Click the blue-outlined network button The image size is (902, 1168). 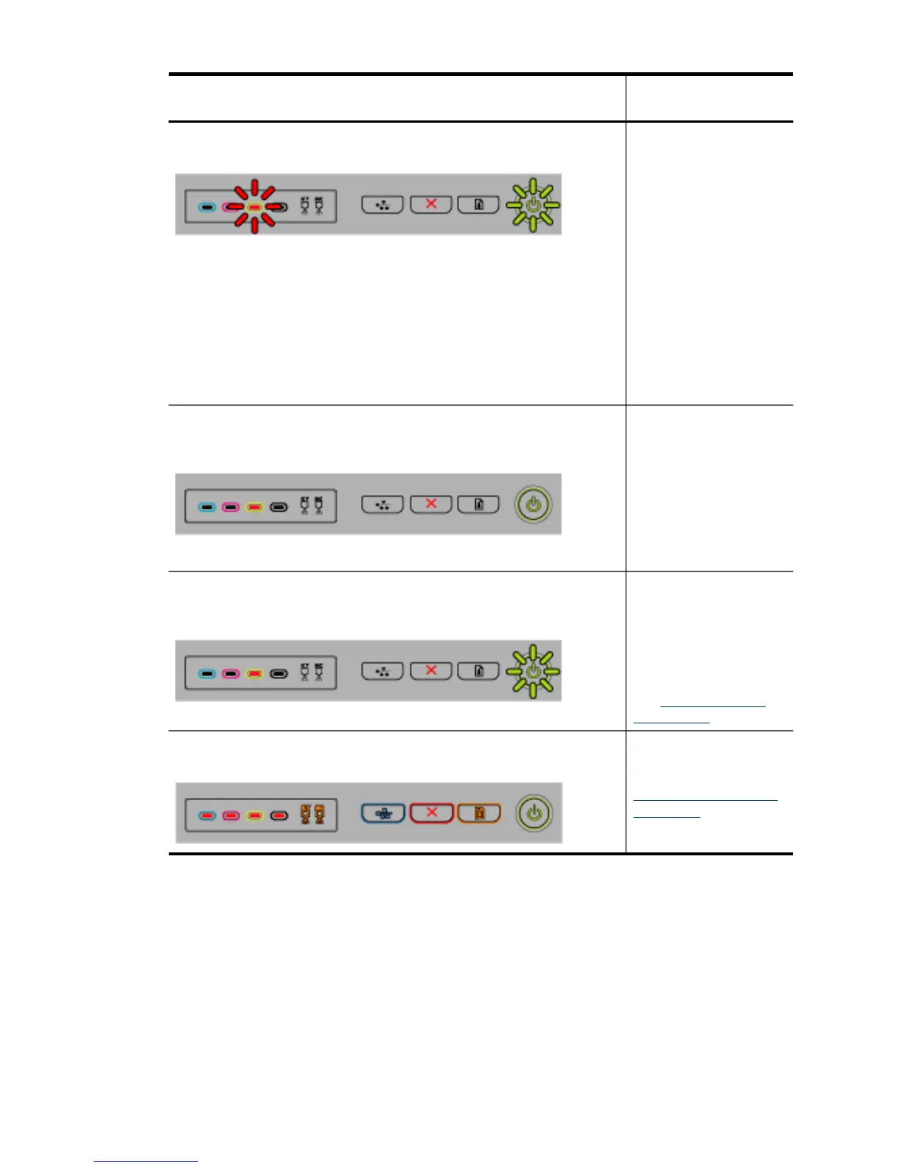point(382,813)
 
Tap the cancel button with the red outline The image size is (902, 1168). point(431,813)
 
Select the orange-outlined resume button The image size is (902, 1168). point(479,813)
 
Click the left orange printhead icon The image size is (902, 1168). point(305,814)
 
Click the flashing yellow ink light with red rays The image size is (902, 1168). point(254,206)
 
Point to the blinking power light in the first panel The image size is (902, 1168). point(533,205)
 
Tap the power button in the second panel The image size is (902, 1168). point(533,505)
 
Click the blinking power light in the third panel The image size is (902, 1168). point(533,671)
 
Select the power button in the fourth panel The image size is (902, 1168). point(534,813)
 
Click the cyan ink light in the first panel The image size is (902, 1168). point(207,207)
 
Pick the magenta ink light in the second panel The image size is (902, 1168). point(231,507)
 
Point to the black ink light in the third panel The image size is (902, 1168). point(279,673)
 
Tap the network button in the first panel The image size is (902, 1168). point(382,204)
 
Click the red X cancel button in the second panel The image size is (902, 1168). point(431,504)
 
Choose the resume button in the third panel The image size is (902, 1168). point(479,671)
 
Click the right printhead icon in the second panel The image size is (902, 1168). point(318,506)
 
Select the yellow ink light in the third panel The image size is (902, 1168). point(254,673)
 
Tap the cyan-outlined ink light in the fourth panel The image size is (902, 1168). point(207,816)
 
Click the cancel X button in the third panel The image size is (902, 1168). point(431,671)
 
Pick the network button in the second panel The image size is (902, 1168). point(382,504)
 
